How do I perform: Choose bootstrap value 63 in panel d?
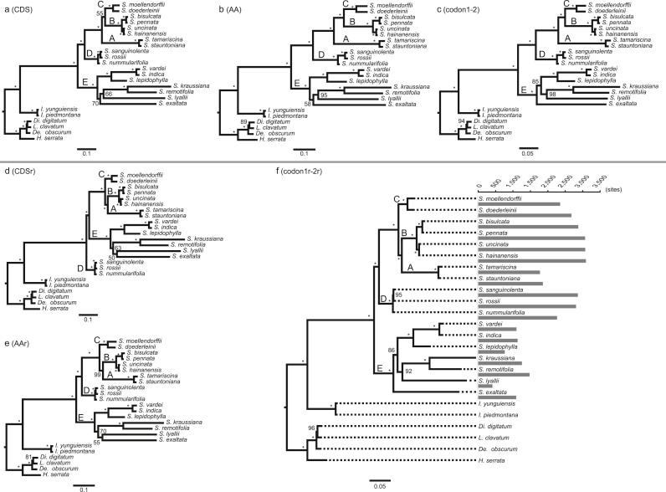[x=118, y=248]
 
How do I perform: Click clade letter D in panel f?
[x=383, y=299]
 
